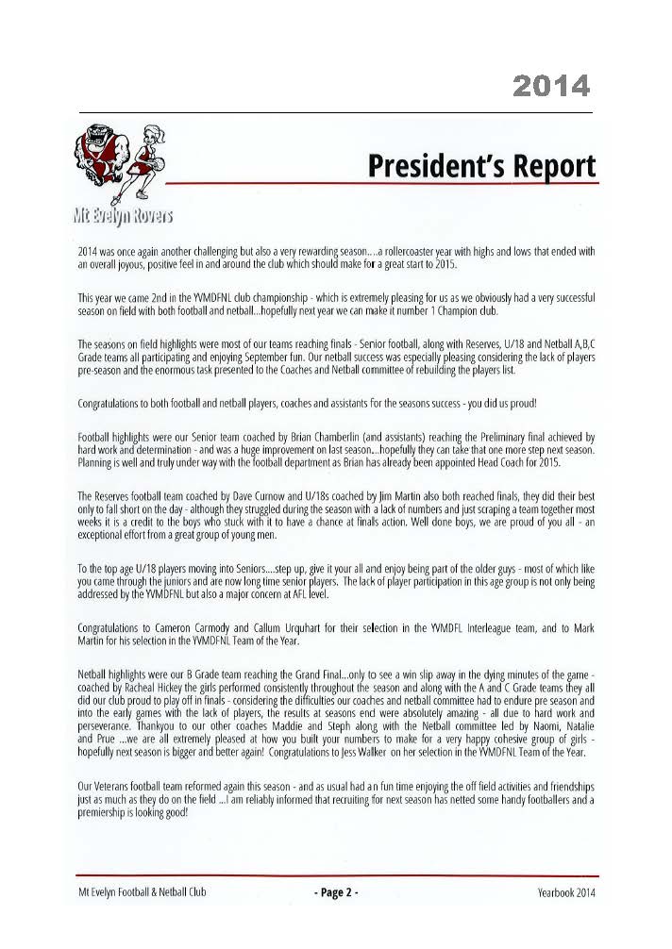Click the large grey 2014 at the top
click(552, 87)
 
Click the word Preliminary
click(481, 438)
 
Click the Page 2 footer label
click(335, 891)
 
